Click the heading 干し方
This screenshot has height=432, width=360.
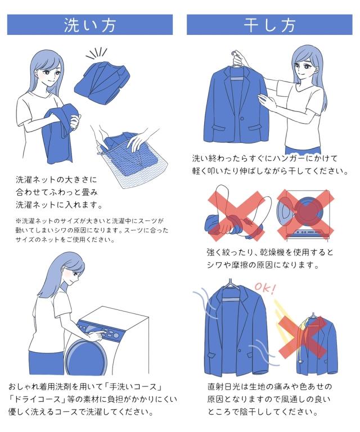pos(269,25)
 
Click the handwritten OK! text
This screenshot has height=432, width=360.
pos(265,289)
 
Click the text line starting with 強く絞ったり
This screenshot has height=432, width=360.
pos(270,252)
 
